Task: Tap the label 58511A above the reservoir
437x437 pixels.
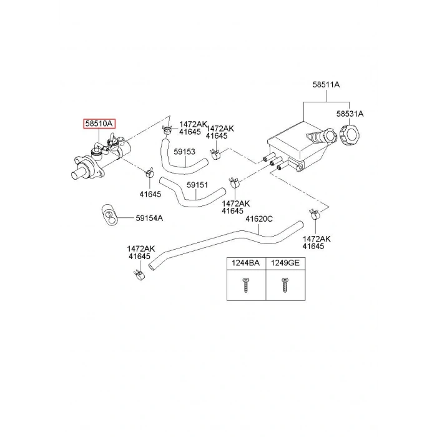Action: (x=326, y=84)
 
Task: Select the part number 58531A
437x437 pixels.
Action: (x=350, y=114)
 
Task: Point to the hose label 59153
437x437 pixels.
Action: (x=185, y=152)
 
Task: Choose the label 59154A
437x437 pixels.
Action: (x=150, y=218)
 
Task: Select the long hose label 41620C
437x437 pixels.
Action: (x=259, y=219)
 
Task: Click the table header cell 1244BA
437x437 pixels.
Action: (x=246, y=263)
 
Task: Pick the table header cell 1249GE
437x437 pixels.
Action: (x=285, y=263)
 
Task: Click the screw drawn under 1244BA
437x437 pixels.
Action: (x=245, y=286)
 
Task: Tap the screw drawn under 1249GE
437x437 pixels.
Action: (x=285, y=286)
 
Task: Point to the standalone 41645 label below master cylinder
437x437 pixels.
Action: (x=150, y=194)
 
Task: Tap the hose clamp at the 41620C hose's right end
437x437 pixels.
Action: (x=314, y=216)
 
